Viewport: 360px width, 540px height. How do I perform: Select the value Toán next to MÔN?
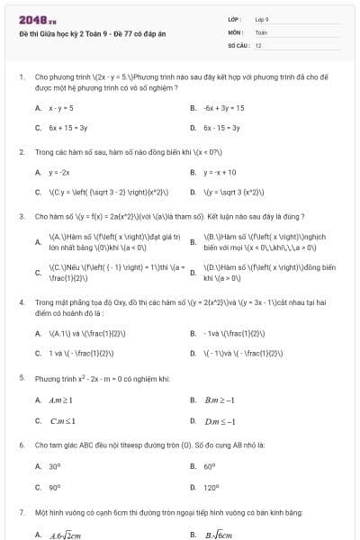coord(261,31)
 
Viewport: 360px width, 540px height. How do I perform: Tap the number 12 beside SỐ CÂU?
coord(258,44)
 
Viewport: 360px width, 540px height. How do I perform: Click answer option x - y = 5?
coord(60,107)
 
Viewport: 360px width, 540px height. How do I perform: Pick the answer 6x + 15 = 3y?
coord(68,128)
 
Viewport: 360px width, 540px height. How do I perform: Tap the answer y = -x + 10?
coord(220,172)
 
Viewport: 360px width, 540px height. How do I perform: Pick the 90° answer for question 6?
coord(55,487)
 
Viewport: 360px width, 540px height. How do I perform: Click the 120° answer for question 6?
coord(211,487)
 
